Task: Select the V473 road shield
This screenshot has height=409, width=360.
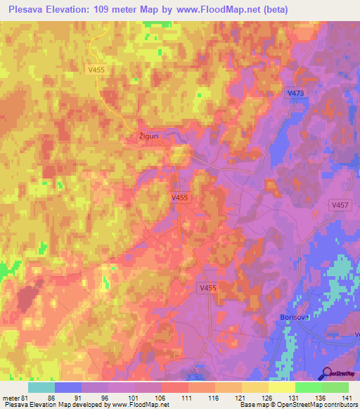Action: click(x=297, y=93)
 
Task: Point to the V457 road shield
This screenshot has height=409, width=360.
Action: click(x=340, y=204)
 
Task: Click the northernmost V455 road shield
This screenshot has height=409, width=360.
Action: click(x=96, y=70)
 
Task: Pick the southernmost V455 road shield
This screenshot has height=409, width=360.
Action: click(x=207, y=287)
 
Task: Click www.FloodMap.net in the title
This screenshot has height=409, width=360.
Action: click(x=214, y=9)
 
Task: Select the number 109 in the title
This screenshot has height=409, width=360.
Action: click(x=103, y=9)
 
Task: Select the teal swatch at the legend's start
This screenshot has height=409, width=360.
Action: click(x=41, y=387)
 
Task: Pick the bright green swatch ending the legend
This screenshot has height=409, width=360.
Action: click(x=335, y=387)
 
